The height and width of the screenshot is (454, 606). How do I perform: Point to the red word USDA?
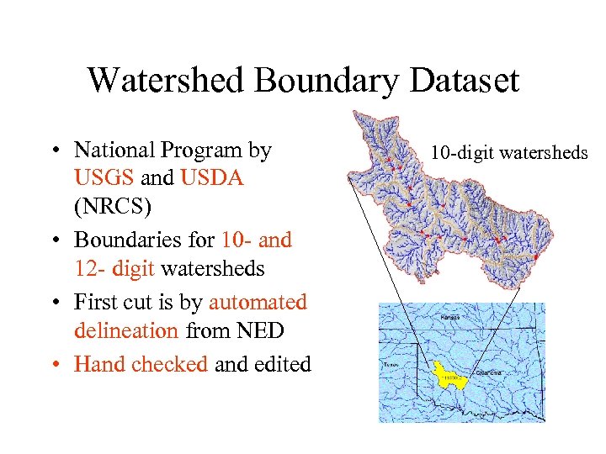coord(212,178)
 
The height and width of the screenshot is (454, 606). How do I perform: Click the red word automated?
coord(258,301)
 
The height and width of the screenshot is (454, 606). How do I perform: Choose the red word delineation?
coord(126,331)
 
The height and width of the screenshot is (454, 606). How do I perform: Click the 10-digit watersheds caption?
coord(509,153)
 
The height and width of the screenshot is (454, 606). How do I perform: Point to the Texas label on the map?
coord(390,366)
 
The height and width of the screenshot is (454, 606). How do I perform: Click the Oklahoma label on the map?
coord(487,371)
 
